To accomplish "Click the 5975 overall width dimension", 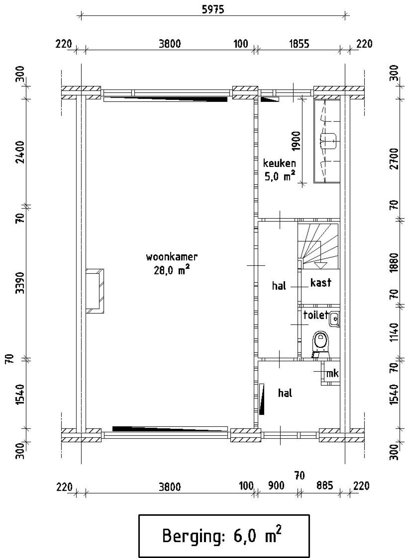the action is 213,9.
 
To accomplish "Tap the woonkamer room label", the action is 172,257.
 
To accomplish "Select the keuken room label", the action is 280,163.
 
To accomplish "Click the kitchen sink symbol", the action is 328,141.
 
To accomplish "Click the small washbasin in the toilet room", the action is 334,319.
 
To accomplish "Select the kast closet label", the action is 321,282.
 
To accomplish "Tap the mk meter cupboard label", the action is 332,374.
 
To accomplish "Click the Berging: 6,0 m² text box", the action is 224,536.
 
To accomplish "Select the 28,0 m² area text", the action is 172,271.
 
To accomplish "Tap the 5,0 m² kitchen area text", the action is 280,176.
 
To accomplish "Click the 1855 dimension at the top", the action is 299,44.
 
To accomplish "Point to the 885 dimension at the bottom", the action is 325,485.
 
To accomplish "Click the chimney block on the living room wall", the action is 95,291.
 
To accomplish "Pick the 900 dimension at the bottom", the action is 276,485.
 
